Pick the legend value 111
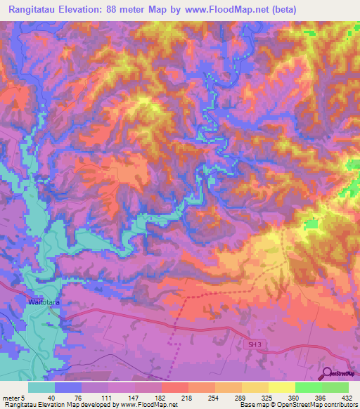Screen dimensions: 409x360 click(104, 397)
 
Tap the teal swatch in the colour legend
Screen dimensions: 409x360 click(41, 387)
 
